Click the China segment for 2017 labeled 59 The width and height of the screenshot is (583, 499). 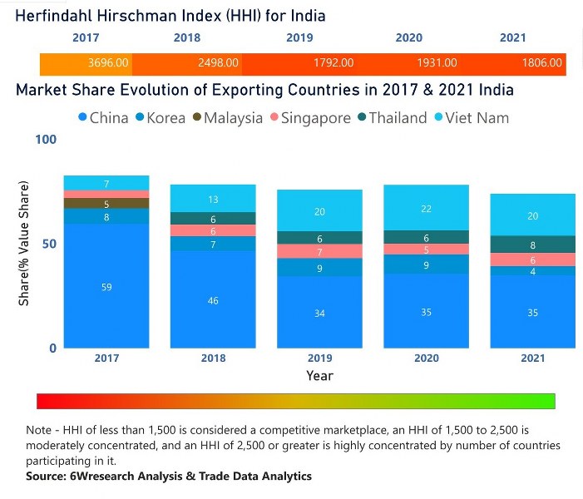106,286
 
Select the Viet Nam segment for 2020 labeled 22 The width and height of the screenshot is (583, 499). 426,208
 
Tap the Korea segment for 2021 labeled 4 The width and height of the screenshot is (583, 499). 532,271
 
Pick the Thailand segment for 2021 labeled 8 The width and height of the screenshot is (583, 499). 532,245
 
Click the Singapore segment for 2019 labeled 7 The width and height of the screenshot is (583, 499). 319,251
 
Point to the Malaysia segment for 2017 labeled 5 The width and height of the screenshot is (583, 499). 106,204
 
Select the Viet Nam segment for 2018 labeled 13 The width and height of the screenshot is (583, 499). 213,199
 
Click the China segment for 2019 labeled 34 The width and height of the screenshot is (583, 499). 319,313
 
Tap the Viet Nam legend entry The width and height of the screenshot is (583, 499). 476,118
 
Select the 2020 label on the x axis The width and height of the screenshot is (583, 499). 426,358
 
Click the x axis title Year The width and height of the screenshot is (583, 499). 319,375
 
